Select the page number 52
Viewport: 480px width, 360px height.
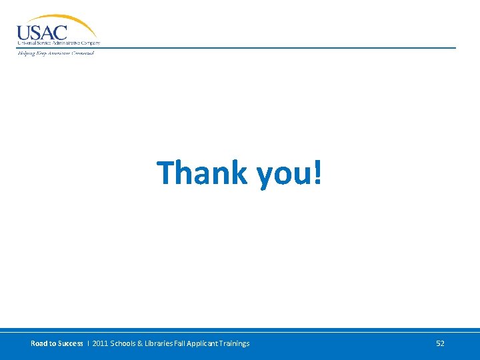pyautogui.click(x=440, y=343)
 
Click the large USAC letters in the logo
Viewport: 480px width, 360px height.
pyautogui.click(x=42, y=32)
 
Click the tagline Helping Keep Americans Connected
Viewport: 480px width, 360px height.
pyautogui.click(x=55, y=53)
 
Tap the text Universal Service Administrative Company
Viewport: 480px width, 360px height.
pyautogui.click(x=59, y=43)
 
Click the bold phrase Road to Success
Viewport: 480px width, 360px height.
pyautogui.click(x=57, y=343)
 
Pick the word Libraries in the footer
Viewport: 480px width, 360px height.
pyautogui.click(x=163, y=343)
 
